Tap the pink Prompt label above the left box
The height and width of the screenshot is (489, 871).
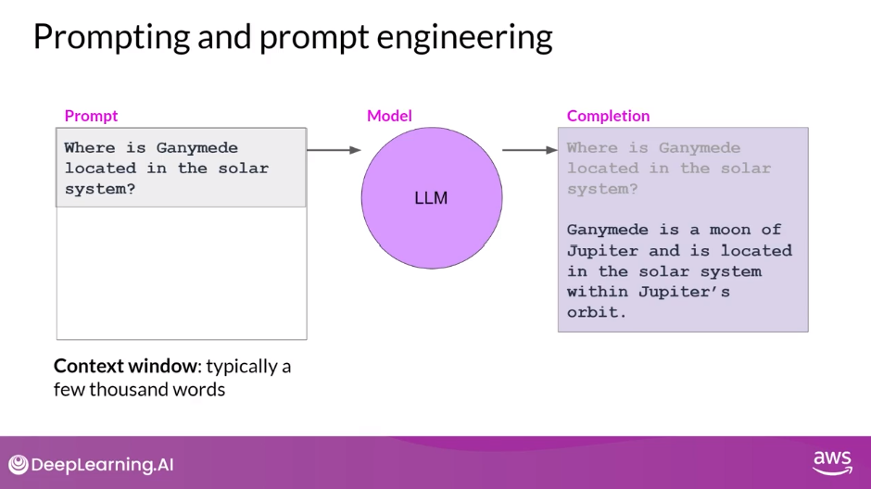(x=91, y=116)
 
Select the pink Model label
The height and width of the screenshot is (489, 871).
(x=389, y=116)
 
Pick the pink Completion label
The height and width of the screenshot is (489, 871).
(x=608, y=116)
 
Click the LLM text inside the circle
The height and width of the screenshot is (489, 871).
(x=431, y=198)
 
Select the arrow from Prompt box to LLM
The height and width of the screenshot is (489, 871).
(x=334, y=150)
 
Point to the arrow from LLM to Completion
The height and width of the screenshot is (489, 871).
(x=530, y=150)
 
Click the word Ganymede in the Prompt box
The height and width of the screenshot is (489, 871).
(x=196, y=148)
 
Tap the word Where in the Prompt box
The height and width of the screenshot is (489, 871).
(x=90, y=148)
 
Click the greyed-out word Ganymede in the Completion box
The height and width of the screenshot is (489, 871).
(x=700, y=148)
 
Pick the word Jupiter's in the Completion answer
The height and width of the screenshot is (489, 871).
(x=684, y=292)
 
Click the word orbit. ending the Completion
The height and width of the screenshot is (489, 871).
(x=597, y=312)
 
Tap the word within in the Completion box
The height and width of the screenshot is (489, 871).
(x=598, y=292)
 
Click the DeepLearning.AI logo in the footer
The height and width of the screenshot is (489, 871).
(x=91, y=465)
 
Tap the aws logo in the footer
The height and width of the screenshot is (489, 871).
(x=832, y=463)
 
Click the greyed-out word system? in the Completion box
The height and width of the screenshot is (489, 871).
(x=602, y=189)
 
